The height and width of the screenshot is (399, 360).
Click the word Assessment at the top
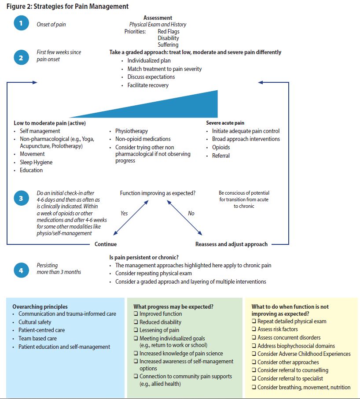[x=158, y=18]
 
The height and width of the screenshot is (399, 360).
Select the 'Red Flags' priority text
[x=168, y=32]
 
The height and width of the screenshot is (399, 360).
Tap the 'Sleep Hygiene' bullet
[x=36, y=162]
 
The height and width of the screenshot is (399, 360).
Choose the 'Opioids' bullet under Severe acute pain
[x=221, y=148]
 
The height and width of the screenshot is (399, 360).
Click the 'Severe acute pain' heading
[x=225, y=123]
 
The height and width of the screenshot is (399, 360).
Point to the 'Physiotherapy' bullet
[x=132, y=131]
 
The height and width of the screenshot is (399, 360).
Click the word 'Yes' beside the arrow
[x=124, y=213]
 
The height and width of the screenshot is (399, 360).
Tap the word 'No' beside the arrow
[x=191, y=213]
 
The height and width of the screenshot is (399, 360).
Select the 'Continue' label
[x=106, y=244]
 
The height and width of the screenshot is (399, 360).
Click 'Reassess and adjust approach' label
[x=231, y=244]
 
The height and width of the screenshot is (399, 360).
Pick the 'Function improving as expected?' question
[x=158, y=193]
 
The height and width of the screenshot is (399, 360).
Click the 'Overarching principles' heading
[x=40, y=307]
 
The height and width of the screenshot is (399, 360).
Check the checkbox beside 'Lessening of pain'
[x=136, y=330]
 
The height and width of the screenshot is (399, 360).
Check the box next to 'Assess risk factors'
[x=254, y=329]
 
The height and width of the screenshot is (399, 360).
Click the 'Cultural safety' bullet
[x=35, y=322]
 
